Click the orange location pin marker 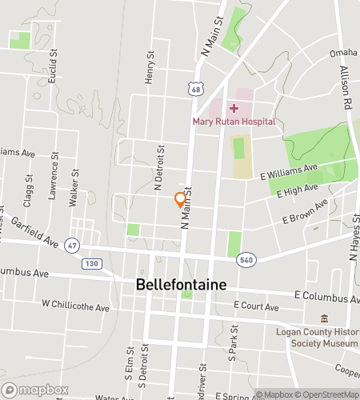click(x=181, y=199)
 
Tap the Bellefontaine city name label click(x=181, y=285)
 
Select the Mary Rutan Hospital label click(x=234, y=122)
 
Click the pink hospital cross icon click(x=234, y=107)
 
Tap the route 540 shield click(x=245, y=259)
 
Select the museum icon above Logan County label click(x=323, y=318)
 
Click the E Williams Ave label click(x=289, y=172)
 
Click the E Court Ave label click(x=256, y=306)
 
